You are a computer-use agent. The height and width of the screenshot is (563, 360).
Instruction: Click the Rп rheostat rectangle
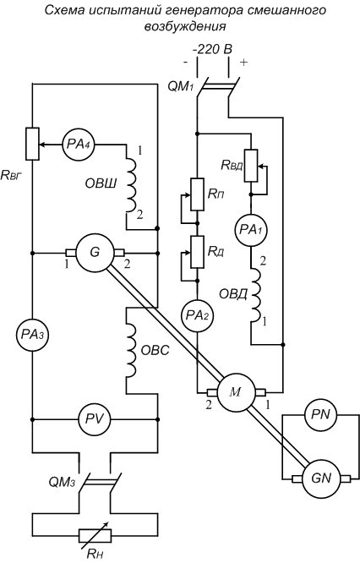pos(198,194)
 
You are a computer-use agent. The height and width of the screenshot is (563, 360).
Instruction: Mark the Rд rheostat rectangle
pos(198,252)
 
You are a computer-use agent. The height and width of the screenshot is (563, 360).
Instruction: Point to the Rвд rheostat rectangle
pos(251,166)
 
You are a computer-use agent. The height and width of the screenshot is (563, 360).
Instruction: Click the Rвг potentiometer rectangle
pos(32,144)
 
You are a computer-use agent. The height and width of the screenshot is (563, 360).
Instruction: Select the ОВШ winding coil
pos(131,186)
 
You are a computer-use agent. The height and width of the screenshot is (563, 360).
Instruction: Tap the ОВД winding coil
pos(255,295)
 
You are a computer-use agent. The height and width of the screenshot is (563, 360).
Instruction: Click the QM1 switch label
pos(181,87)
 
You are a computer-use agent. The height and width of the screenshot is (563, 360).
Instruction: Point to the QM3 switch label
pos(62,482)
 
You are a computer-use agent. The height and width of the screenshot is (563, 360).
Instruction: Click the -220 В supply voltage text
pos(213,50)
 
